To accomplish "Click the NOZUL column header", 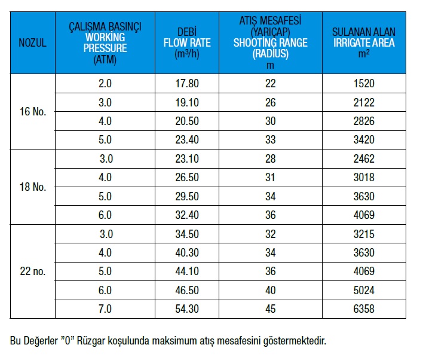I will (x=33, y=43).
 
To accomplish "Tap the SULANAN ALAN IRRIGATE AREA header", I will (x=363, y=43).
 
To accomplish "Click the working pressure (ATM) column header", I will (x=105, y=43).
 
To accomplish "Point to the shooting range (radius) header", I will (x=270, y=43).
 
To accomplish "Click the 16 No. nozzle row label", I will (x=33, y=112).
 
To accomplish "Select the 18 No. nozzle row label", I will (x=33, y=187).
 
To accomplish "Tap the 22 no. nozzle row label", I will (x=33, y=271).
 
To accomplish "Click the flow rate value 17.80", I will (x=186, y=84).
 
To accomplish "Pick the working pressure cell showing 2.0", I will (x=105, y=84).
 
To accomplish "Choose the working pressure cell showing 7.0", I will (x=105, y=309).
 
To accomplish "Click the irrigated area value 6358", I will (x=363, y=309).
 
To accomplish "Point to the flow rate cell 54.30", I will (x=186, y=309).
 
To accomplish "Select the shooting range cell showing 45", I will (x=270, y=309).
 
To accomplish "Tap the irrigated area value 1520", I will (x=363, y=84).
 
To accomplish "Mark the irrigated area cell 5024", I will (x=363, y=290).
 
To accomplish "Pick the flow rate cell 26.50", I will (x=186, y=177).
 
